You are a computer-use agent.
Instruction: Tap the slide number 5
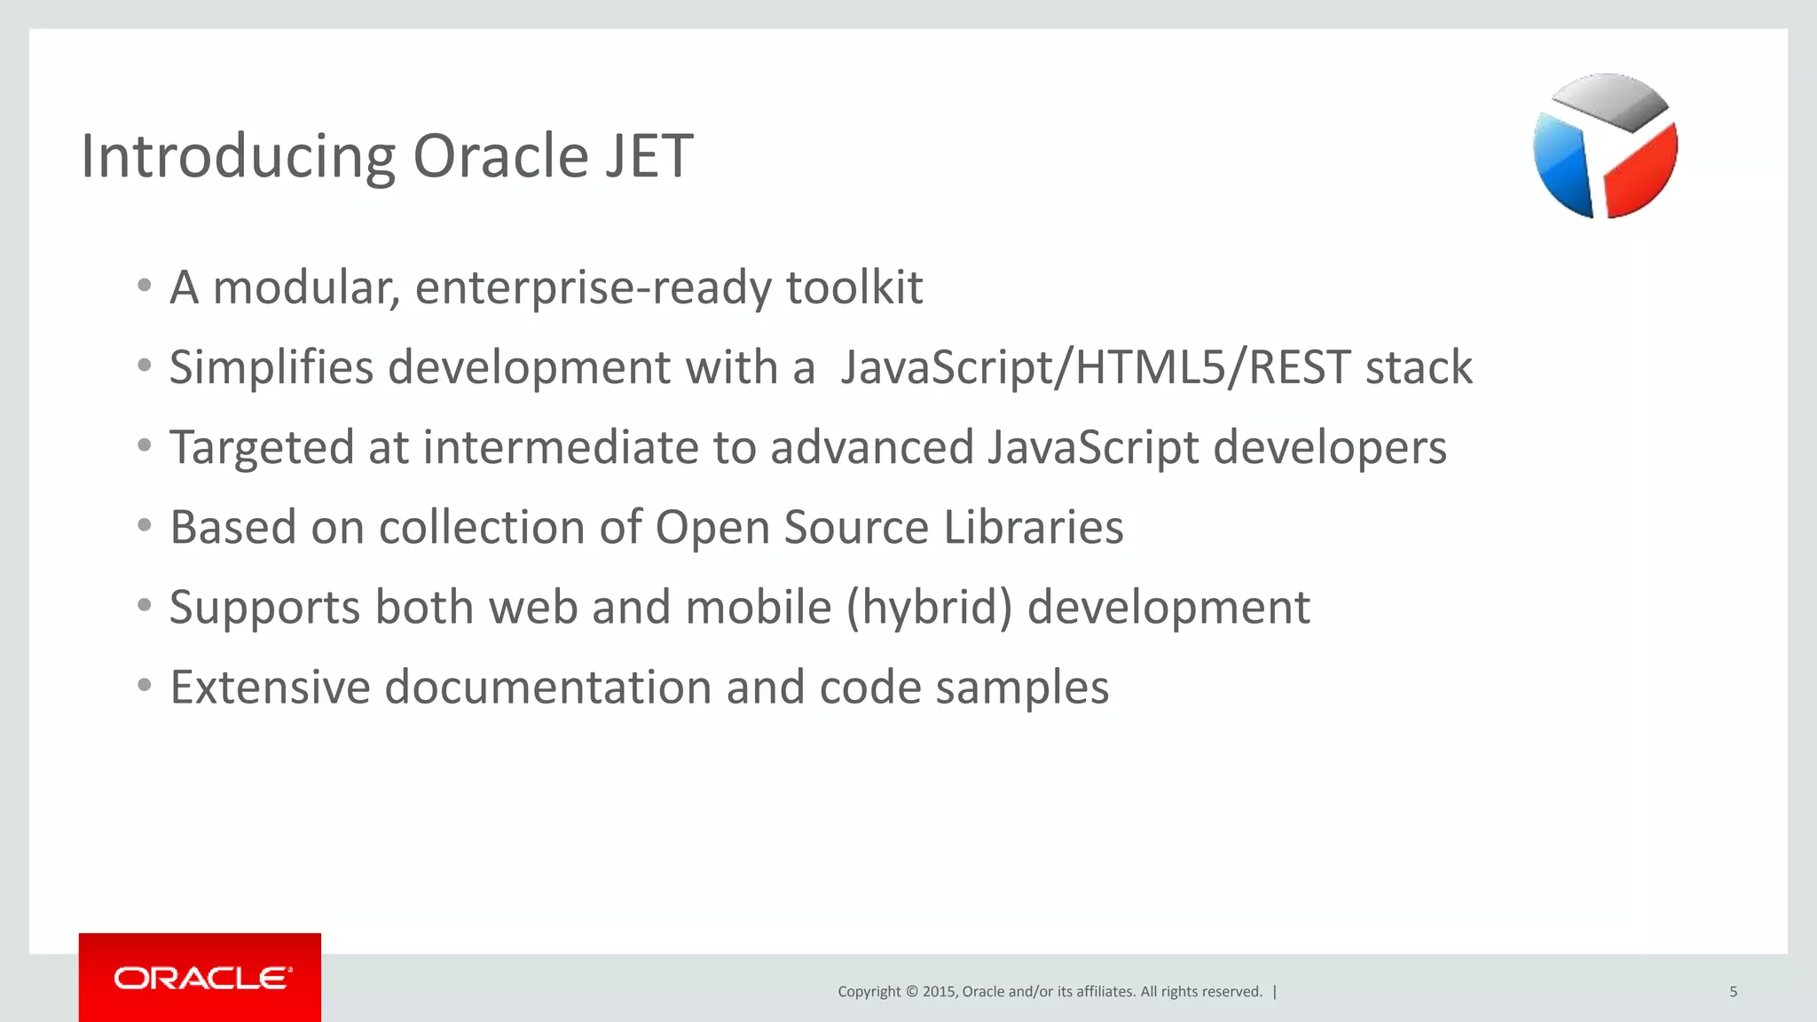point(1733,992)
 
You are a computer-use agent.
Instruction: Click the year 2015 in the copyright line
point(939,992)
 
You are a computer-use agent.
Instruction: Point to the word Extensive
point(270,688)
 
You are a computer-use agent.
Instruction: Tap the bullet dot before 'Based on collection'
point(145,526)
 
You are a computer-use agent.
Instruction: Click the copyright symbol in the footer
point(910,992)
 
